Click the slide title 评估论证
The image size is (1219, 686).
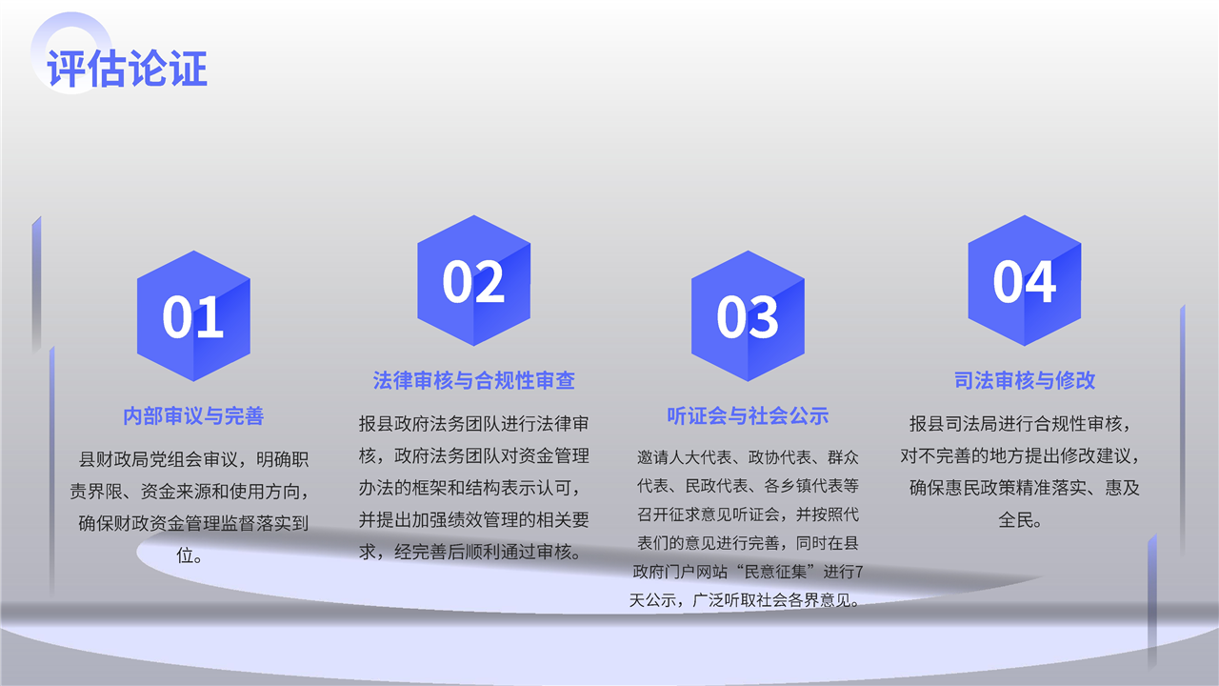click(128, 69)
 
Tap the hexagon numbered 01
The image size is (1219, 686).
click(193, 315)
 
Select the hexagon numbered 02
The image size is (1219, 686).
click(474, 280)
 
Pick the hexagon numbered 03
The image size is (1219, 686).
click(748, 315)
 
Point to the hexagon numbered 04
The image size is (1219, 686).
click(1025, 280)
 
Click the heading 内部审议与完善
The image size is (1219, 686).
click(193, 416)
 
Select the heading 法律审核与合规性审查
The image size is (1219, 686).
click(474, 380)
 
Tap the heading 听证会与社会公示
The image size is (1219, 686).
click(748, 416)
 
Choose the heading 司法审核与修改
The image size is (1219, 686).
click(1025, 380)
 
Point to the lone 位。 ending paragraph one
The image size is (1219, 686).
click(189, 555)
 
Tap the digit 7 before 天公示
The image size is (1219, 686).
click(859, 572)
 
